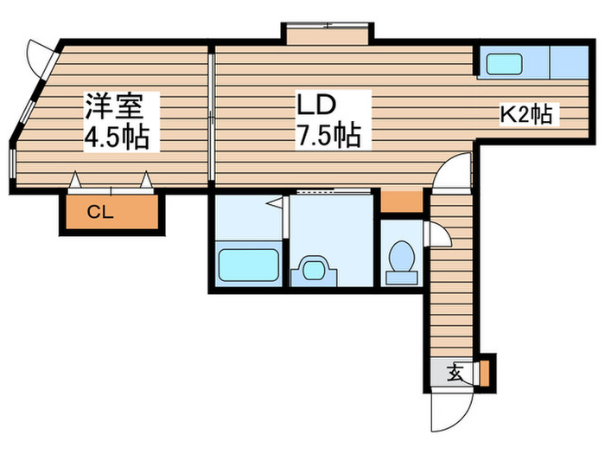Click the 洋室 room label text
pos(115,106)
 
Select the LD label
pos(315,105)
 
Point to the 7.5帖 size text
pos(328,135)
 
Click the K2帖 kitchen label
pos(525,114)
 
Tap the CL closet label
pos(100,212)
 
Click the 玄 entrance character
pos(455,372)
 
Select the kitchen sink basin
pos(505,63)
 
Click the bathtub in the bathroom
pos(249,265)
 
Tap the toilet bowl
pos(402,256)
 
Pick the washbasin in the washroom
pos(313,270)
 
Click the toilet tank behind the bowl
pos(402,278)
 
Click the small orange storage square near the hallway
pos(402,201)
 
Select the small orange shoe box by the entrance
pos(485,374)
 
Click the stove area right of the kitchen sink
pos(570,61)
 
